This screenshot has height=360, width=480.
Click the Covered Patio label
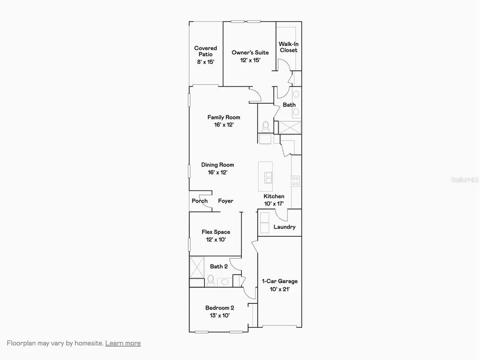205,51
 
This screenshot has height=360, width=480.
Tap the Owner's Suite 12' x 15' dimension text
250,60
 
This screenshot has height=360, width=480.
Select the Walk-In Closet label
288,47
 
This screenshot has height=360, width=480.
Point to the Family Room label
224,117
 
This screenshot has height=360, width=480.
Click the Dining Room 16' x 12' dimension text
217,172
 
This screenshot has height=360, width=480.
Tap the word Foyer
226,201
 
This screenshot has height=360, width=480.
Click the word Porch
200,201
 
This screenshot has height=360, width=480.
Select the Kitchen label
274,196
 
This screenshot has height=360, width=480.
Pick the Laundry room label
284,227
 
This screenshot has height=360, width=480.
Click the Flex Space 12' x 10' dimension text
216,240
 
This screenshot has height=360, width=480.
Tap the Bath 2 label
219,266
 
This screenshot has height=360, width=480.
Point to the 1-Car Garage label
279,281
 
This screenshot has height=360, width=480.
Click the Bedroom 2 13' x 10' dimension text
219,316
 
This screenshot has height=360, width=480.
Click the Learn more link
123,343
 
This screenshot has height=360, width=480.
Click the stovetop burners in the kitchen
295,181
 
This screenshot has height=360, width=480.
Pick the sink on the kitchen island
268,178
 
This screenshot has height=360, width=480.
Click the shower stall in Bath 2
197,267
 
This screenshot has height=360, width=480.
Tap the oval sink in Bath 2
225,282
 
